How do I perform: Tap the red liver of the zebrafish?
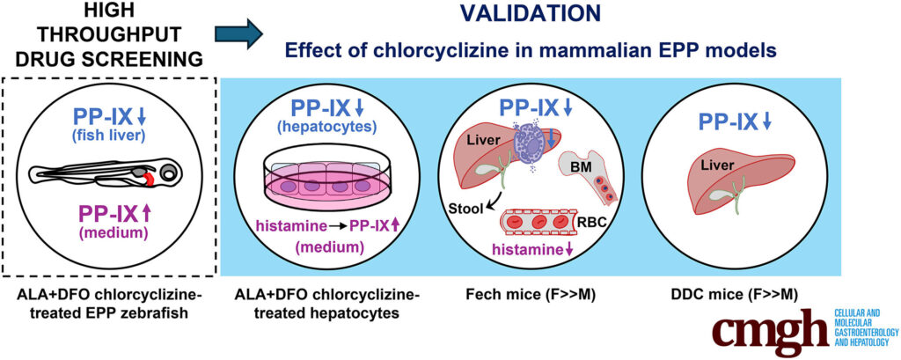[x=149, y=179]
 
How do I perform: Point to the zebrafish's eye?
[x=169, y=173]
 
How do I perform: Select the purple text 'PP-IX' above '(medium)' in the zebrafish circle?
[x=106, y=215]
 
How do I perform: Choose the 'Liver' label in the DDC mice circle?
[x=717, y=166]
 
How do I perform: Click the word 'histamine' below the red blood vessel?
[x=526, y=250]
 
